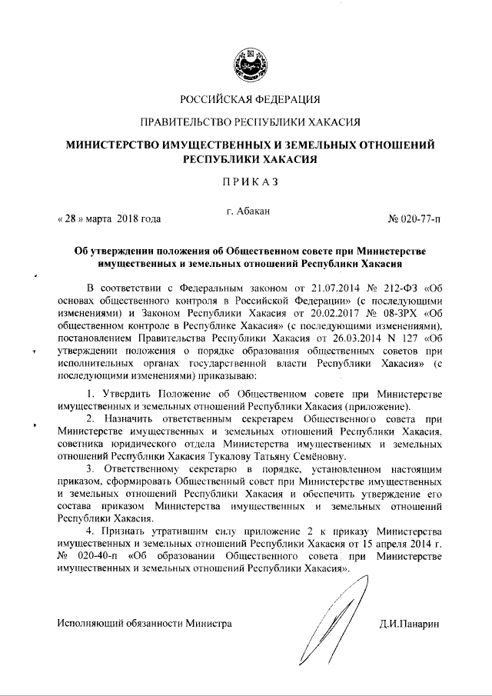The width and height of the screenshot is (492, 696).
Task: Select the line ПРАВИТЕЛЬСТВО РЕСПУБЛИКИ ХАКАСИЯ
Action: coord(246,122)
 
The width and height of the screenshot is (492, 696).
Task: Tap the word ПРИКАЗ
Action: coord(246,181)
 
